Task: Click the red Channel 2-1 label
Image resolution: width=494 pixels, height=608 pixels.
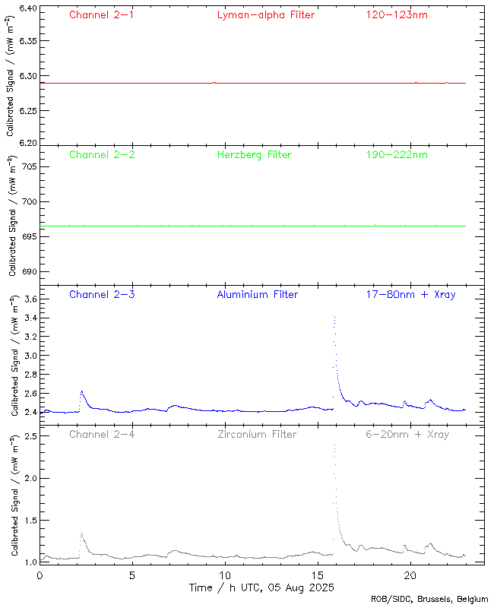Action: [x=102, y=14]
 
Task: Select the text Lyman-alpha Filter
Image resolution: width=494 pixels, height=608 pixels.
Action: [x=265, y=14]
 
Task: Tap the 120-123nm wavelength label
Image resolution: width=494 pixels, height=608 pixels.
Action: [x=396, y=14]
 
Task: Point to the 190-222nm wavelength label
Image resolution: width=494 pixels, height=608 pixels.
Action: [x=396, y=154]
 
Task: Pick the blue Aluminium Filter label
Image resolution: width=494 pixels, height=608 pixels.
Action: [x=257, y=294]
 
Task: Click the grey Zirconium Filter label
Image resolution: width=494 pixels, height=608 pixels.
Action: [x=256, y=434]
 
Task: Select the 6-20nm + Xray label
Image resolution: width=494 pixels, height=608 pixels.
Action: [x=407, y=434]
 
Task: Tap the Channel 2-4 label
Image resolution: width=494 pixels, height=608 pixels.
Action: [x=102, y=434]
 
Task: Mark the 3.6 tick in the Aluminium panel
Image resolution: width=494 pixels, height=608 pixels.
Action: [x=28, y=299]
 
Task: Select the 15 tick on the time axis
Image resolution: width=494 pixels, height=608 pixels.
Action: [x=318, y=575]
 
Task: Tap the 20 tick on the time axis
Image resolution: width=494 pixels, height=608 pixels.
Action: [x=410, y=575]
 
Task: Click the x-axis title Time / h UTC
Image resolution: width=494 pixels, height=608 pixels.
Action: [x=262, y=587]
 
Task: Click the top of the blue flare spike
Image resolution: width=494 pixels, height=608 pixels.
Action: [x=334, y=317]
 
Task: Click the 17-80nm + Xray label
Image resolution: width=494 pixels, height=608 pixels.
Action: [x=410, y=294]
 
